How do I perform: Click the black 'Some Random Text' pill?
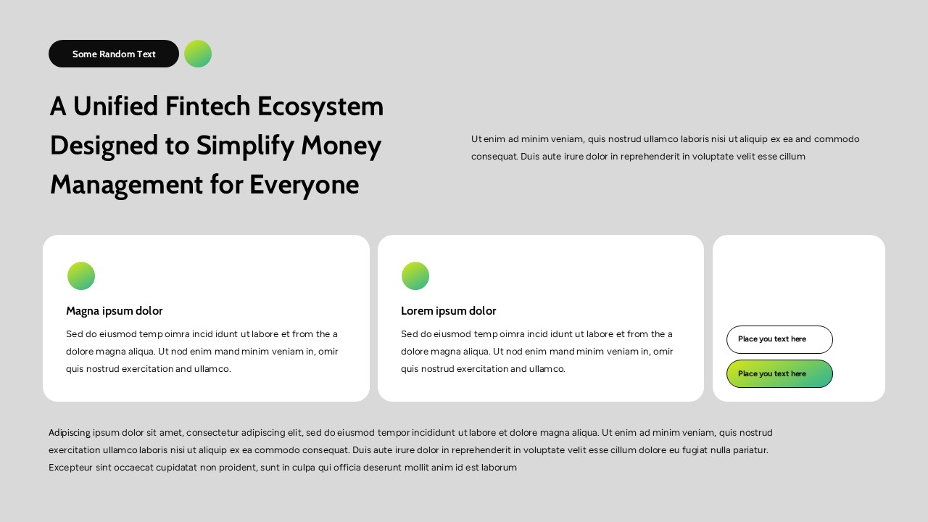(114, 54)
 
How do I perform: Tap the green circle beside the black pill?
(198, 54)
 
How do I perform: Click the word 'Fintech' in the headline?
(207, 107)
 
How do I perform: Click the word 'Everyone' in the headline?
(304, 185)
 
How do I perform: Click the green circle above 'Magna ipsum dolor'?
(81, 276)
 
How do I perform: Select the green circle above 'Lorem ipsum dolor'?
(415, 276)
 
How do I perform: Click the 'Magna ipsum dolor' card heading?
(115, 311)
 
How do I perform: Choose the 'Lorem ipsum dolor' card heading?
(449, 311)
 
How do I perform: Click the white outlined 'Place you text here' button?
(779, 339)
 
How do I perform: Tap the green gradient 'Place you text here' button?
(779, 374)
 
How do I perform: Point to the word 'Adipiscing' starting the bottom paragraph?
(70, 433)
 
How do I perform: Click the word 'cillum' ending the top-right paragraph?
(792, 157)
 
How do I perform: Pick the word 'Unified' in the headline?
(115, 107)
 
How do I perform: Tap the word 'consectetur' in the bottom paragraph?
(212, 433)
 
